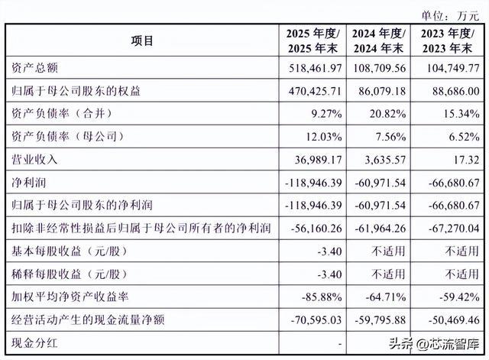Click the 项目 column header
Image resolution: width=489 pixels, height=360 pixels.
(142, 41)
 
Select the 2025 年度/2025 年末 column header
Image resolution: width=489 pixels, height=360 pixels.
(313, 41)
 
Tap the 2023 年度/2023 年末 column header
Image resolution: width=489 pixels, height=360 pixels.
(447, 41)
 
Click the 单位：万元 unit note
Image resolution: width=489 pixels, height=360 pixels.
(450, 16)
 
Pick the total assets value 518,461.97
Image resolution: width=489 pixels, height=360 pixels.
(315, 68)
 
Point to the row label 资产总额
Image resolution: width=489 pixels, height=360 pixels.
(34, 68)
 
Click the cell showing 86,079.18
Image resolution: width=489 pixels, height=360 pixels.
(379, 91)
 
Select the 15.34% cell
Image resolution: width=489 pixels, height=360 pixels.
(461, 114)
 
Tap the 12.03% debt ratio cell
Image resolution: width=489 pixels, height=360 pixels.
(323, 137)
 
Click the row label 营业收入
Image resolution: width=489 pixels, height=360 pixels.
(34, 160)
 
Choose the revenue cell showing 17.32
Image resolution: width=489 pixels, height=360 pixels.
(467, 160)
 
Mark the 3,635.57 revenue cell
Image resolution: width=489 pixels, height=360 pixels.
(385, 160)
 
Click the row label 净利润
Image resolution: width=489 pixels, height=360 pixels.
(29, 183)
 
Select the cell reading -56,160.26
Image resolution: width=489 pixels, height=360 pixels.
(316, 229)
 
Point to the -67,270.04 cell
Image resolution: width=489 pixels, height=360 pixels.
(454, 229)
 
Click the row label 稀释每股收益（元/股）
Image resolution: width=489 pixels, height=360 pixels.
(70, 274)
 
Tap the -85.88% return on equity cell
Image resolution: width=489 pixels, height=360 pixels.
(322, 297)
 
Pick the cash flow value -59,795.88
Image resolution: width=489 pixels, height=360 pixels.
(381, 320)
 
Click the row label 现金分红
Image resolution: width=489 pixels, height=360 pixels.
(34, 343)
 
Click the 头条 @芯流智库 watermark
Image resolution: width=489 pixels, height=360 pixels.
(434, 344)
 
